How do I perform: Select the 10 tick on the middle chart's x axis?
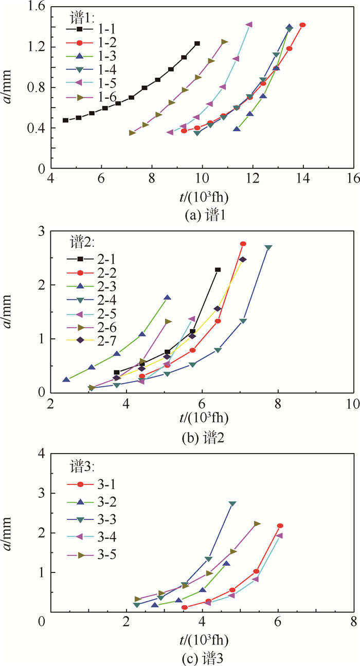(353, 402)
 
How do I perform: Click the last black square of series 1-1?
(197, 44)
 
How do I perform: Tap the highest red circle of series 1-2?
(302, 25)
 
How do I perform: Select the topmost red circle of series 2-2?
(243, 244)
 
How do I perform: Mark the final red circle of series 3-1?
(280, 526)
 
